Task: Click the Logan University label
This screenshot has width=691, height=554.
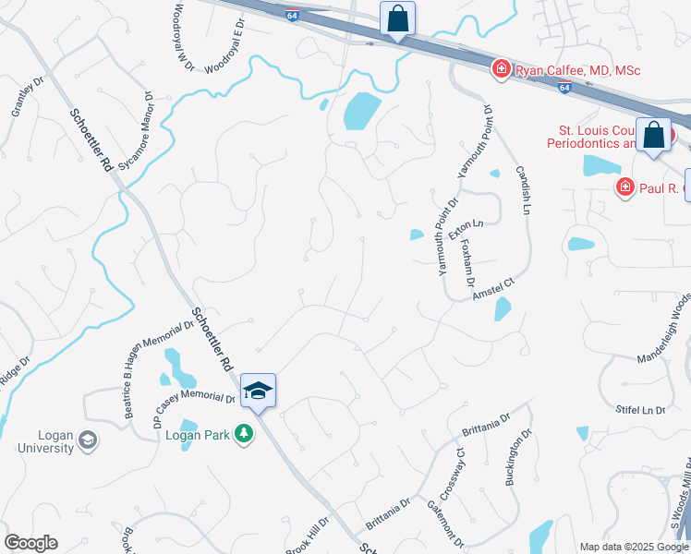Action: [x=43, y=441]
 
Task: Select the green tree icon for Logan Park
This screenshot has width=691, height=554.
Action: [x=243, y=432]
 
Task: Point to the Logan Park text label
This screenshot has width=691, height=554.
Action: [x=196, y=432]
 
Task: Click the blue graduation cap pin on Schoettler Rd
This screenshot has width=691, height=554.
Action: [x=259, y=391]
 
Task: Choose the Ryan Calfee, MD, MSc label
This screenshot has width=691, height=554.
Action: [x=577, y=70]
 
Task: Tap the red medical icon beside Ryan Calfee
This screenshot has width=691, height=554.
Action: [x=501, y=68]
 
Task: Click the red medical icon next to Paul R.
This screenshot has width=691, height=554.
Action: [x=624, y=188]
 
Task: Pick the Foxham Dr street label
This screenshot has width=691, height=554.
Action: [x=467, y=262]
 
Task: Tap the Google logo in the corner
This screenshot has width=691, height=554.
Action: [x=30, y=543]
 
